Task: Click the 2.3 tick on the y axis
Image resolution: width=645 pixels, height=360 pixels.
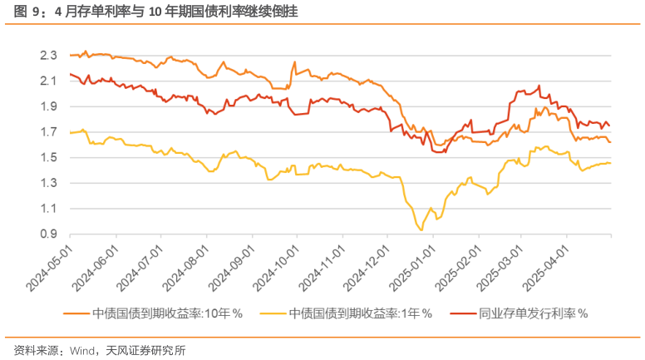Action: (48, 56)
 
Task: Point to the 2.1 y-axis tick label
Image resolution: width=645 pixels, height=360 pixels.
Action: (48, 81)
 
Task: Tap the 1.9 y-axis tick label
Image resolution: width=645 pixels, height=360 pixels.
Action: (48, 106)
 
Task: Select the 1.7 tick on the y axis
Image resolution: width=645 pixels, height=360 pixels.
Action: (48, 132)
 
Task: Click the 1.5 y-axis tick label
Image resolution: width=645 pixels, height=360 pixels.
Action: (48, 158)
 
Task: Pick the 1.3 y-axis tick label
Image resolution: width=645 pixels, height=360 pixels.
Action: (48, 183)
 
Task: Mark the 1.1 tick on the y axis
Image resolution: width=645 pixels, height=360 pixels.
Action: (48, 209)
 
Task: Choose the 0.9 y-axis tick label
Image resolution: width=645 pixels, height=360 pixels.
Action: (48, 234)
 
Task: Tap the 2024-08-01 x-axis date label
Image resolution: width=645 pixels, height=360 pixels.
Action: (187, 268)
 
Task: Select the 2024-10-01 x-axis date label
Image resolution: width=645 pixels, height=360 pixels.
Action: (278, 268)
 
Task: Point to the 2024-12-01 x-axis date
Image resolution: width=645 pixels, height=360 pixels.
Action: (368, 268)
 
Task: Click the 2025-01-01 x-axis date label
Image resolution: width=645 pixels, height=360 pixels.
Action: (413, 268)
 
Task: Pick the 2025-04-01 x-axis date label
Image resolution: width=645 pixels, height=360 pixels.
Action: (548, 268)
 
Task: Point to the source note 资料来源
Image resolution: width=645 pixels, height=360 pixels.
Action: (99, 350)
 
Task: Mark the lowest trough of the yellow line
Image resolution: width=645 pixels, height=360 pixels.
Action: (421, 229)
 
